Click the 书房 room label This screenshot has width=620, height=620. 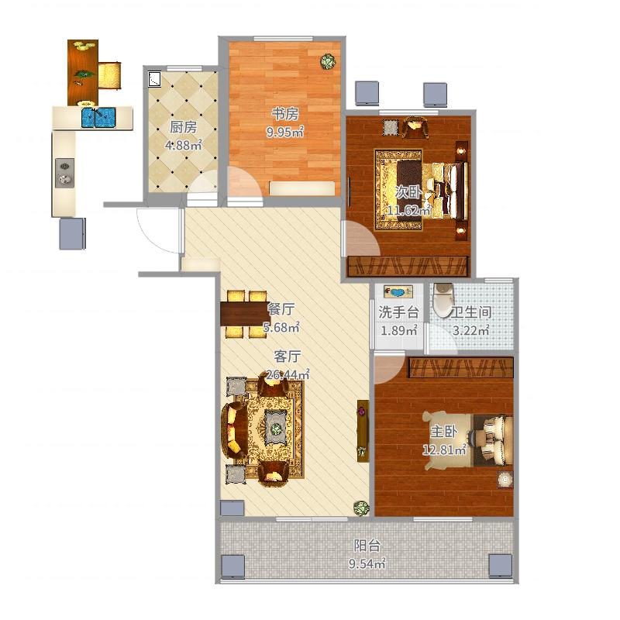[284, 114]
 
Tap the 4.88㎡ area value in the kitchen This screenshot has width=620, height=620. [184, 145]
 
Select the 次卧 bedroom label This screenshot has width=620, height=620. [408, 192]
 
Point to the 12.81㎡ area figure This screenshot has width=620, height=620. [444, 449]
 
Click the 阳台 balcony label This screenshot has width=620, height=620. [367, 546]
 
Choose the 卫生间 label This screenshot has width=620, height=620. [471, 312]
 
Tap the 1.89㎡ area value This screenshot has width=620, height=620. [398, 331]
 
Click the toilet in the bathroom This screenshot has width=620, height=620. [443, 301]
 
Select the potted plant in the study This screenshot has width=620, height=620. [328, 62]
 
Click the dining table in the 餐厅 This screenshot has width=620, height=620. [245, 314]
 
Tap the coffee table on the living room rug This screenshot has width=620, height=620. [276, 428]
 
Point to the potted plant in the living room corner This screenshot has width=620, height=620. [361, 508]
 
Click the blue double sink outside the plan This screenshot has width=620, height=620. [98, 118]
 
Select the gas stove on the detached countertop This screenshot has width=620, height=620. [65, 173]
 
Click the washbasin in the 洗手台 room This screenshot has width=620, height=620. [398, 292]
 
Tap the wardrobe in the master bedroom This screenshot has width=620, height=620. [461, 367]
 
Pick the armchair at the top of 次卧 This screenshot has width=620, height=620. [415, 127]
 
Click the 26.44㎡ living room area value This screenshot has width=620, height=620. [288, 374]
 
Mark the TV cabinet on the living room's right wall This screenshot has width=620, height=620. [363, 431]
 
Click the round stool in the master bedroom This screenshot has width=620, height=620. [505, 480]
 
